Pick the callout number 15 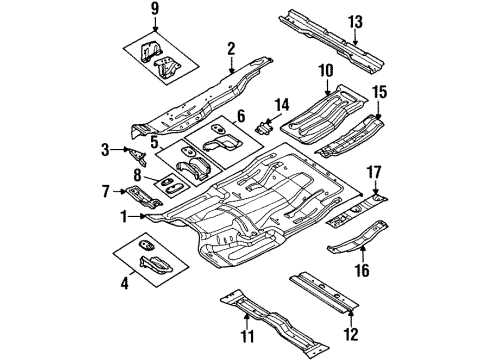click(x=379, y=95)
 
